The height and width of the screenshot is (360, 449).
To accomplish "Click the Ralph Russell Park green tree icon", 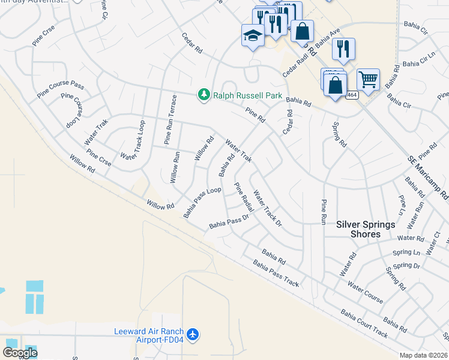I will pyautogui.click(x=204, y=95).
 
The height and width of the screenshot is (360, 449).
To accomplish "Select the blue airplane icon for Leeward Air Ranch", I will pyautogui.click(x=193, y=334).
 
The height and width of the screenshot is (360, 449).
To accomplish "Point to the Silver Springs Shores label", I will pyautogui.click(x=366, y=229).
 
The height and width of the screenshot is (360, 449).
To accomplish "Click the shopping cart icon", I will pyautogui.click(x=368, y=79).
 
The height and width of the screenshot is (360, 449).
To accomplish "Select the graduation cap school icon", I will pyautogui.click(x=253, y=35).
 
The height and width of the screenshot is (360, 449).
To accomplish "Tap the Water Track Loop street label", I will pyautogui.click(x=134, y=140).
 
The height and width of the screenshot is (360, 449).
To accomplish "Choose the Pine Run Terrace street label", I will pyautogui.click(x=171, y=119).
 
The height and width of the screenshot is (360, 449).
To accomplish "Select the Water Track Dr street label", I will pyautogui.click(x=268, y=208).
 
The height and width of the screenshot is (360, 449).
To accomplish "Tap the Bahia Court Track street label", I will pyautogui.click(x=364, y=322).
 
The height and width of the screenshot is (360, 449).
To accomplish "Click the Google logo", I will pyautogui.click(x=20, y=352).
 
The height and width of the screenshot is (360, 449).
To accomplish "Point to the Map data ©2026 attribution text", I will pyautogui.click(x=424, y=355).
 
